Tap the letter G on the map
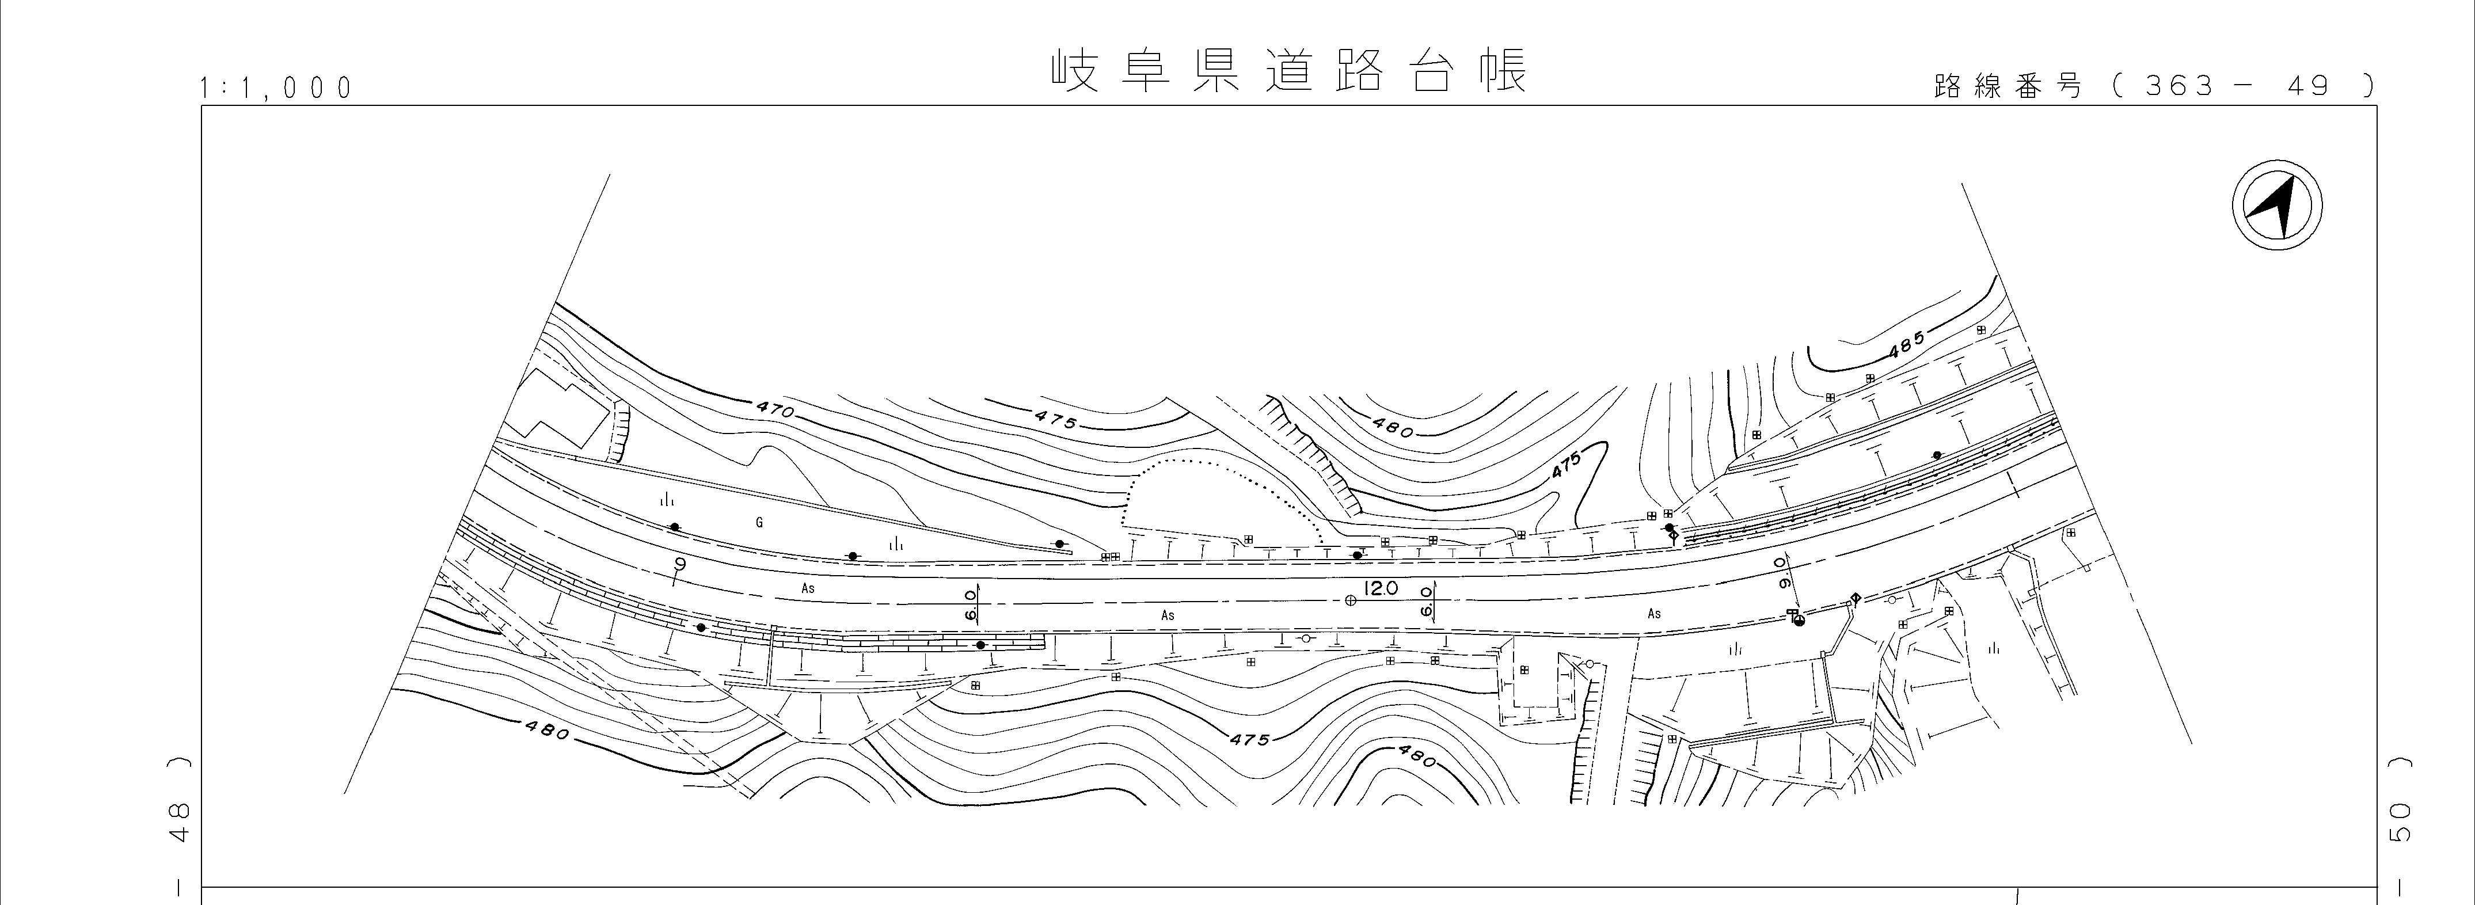point(759,523)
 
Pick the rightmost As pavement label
point(1653,613)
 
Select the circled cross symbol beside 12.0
point(1351,600)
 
